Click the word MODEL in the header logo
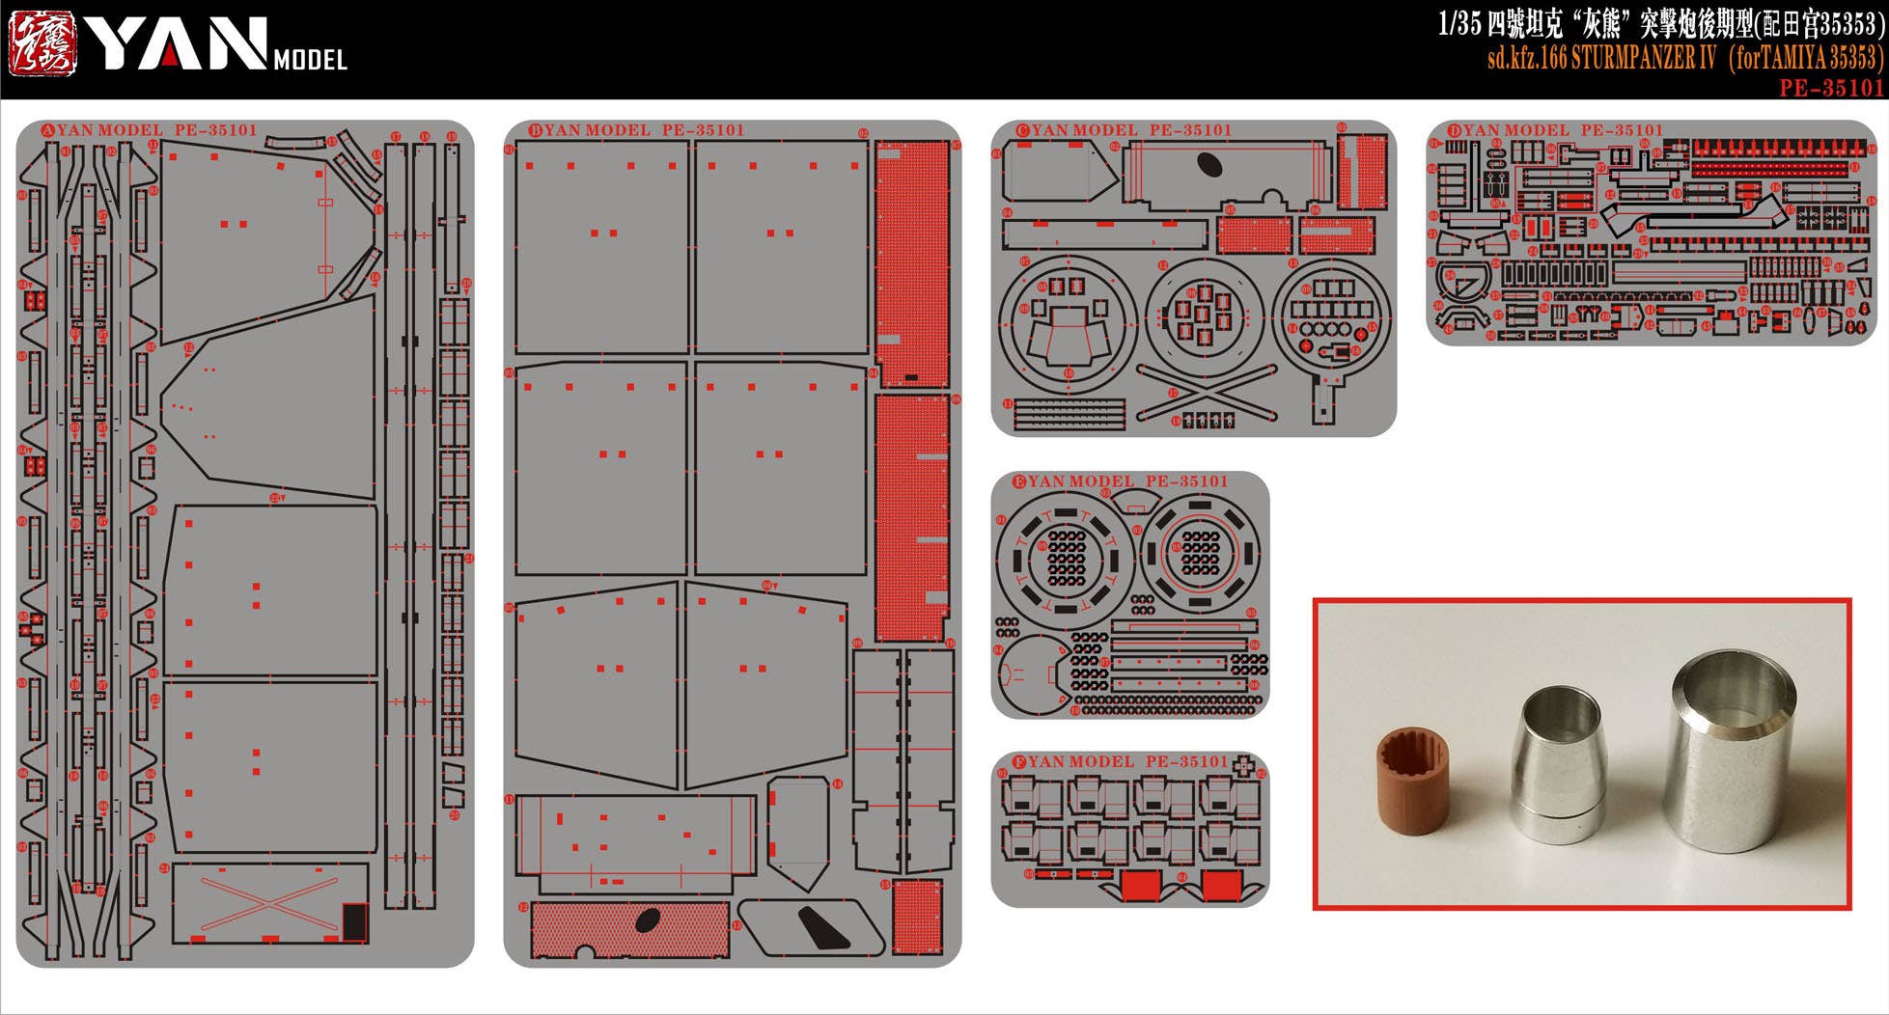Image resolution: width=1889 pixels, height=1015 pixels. (x=310, y=60)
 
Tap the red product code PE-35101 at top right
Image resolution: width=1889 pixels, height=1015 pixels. (x=1831, y=88)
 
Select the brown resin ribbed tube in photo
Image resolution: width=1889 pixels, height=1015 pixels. (x=1412, y=782)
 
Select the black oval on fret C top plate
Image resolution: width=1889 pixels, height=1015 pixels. (x=1209, y=165)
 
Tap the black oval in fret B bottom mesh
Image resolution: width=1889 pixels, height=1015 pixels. (x=648, y=920)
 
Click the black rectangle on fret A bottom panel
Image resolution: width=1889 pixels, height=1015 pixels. (x=355, y=920)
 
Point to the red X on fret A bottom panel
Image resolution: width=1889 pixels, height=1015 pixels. (x=269, y=902)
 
